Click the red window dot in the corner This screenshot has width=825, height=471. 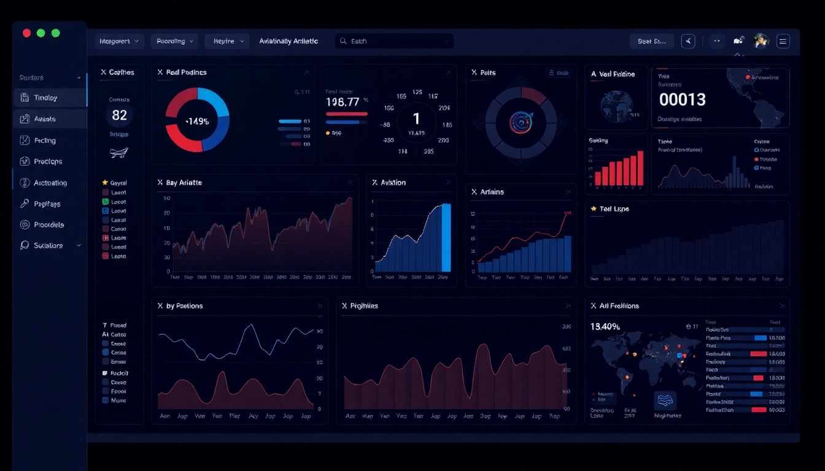26,33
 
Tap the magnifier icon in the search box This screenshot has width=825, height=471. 343,41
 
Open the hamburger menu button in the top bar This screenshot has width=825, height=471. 783,41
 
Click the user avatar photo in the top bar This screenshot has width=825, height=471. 761,41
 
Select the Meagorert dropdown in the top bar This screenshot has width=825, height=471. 119,41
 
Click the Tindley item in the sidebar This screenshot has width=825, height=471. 46,98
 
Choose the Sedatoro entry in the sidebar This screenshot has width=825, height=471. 48,245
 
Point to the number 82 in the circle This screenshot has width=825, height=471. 119,115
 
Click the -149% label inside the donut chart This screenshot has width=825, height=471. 197,121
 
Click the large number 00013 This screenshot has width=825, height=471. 682,99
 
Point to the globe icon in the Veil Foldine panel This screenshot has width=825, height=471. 617,105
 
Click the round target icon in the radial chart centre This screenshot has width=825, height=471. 521,121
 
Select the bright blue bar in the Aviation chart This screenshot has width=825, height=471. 446,238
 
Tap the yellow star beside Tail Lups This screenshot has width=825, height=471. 594,209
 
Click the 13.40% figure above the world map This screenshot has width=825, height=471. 605,326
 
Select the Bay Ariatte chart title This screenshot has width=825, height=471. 184,183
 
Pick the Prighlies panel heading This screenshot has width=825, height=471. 364,305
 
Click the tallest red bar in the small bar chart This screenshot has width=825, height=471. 640,168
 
